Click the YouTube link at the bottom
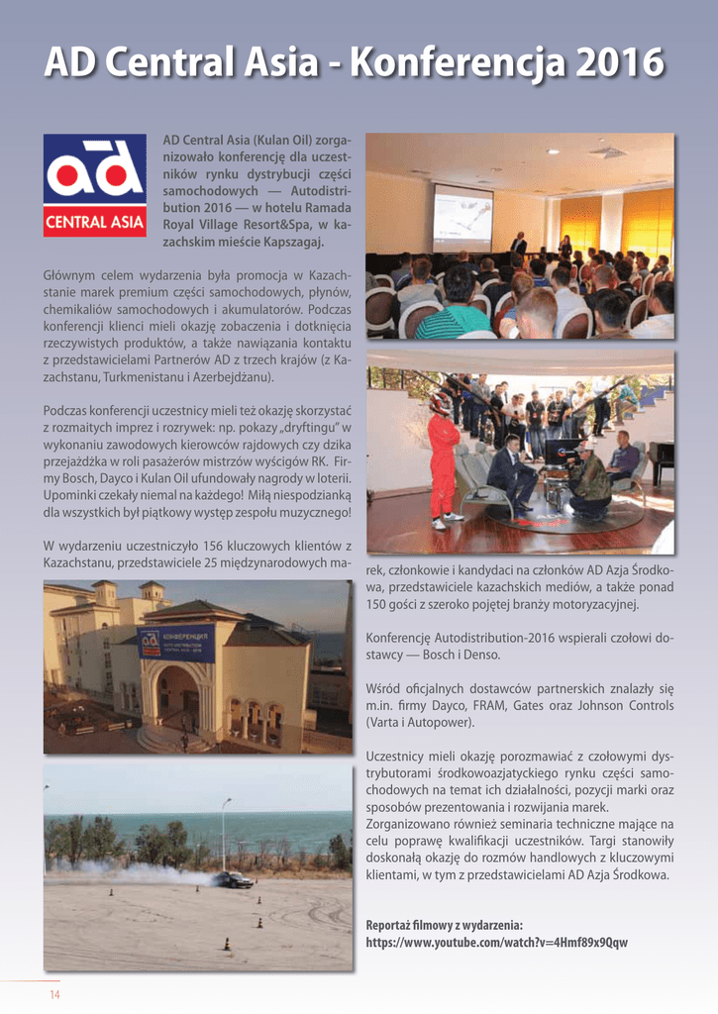click(496, 942)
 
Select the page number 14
click(55, 994)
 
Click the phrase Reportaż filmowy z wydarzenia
click(445, 925)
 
